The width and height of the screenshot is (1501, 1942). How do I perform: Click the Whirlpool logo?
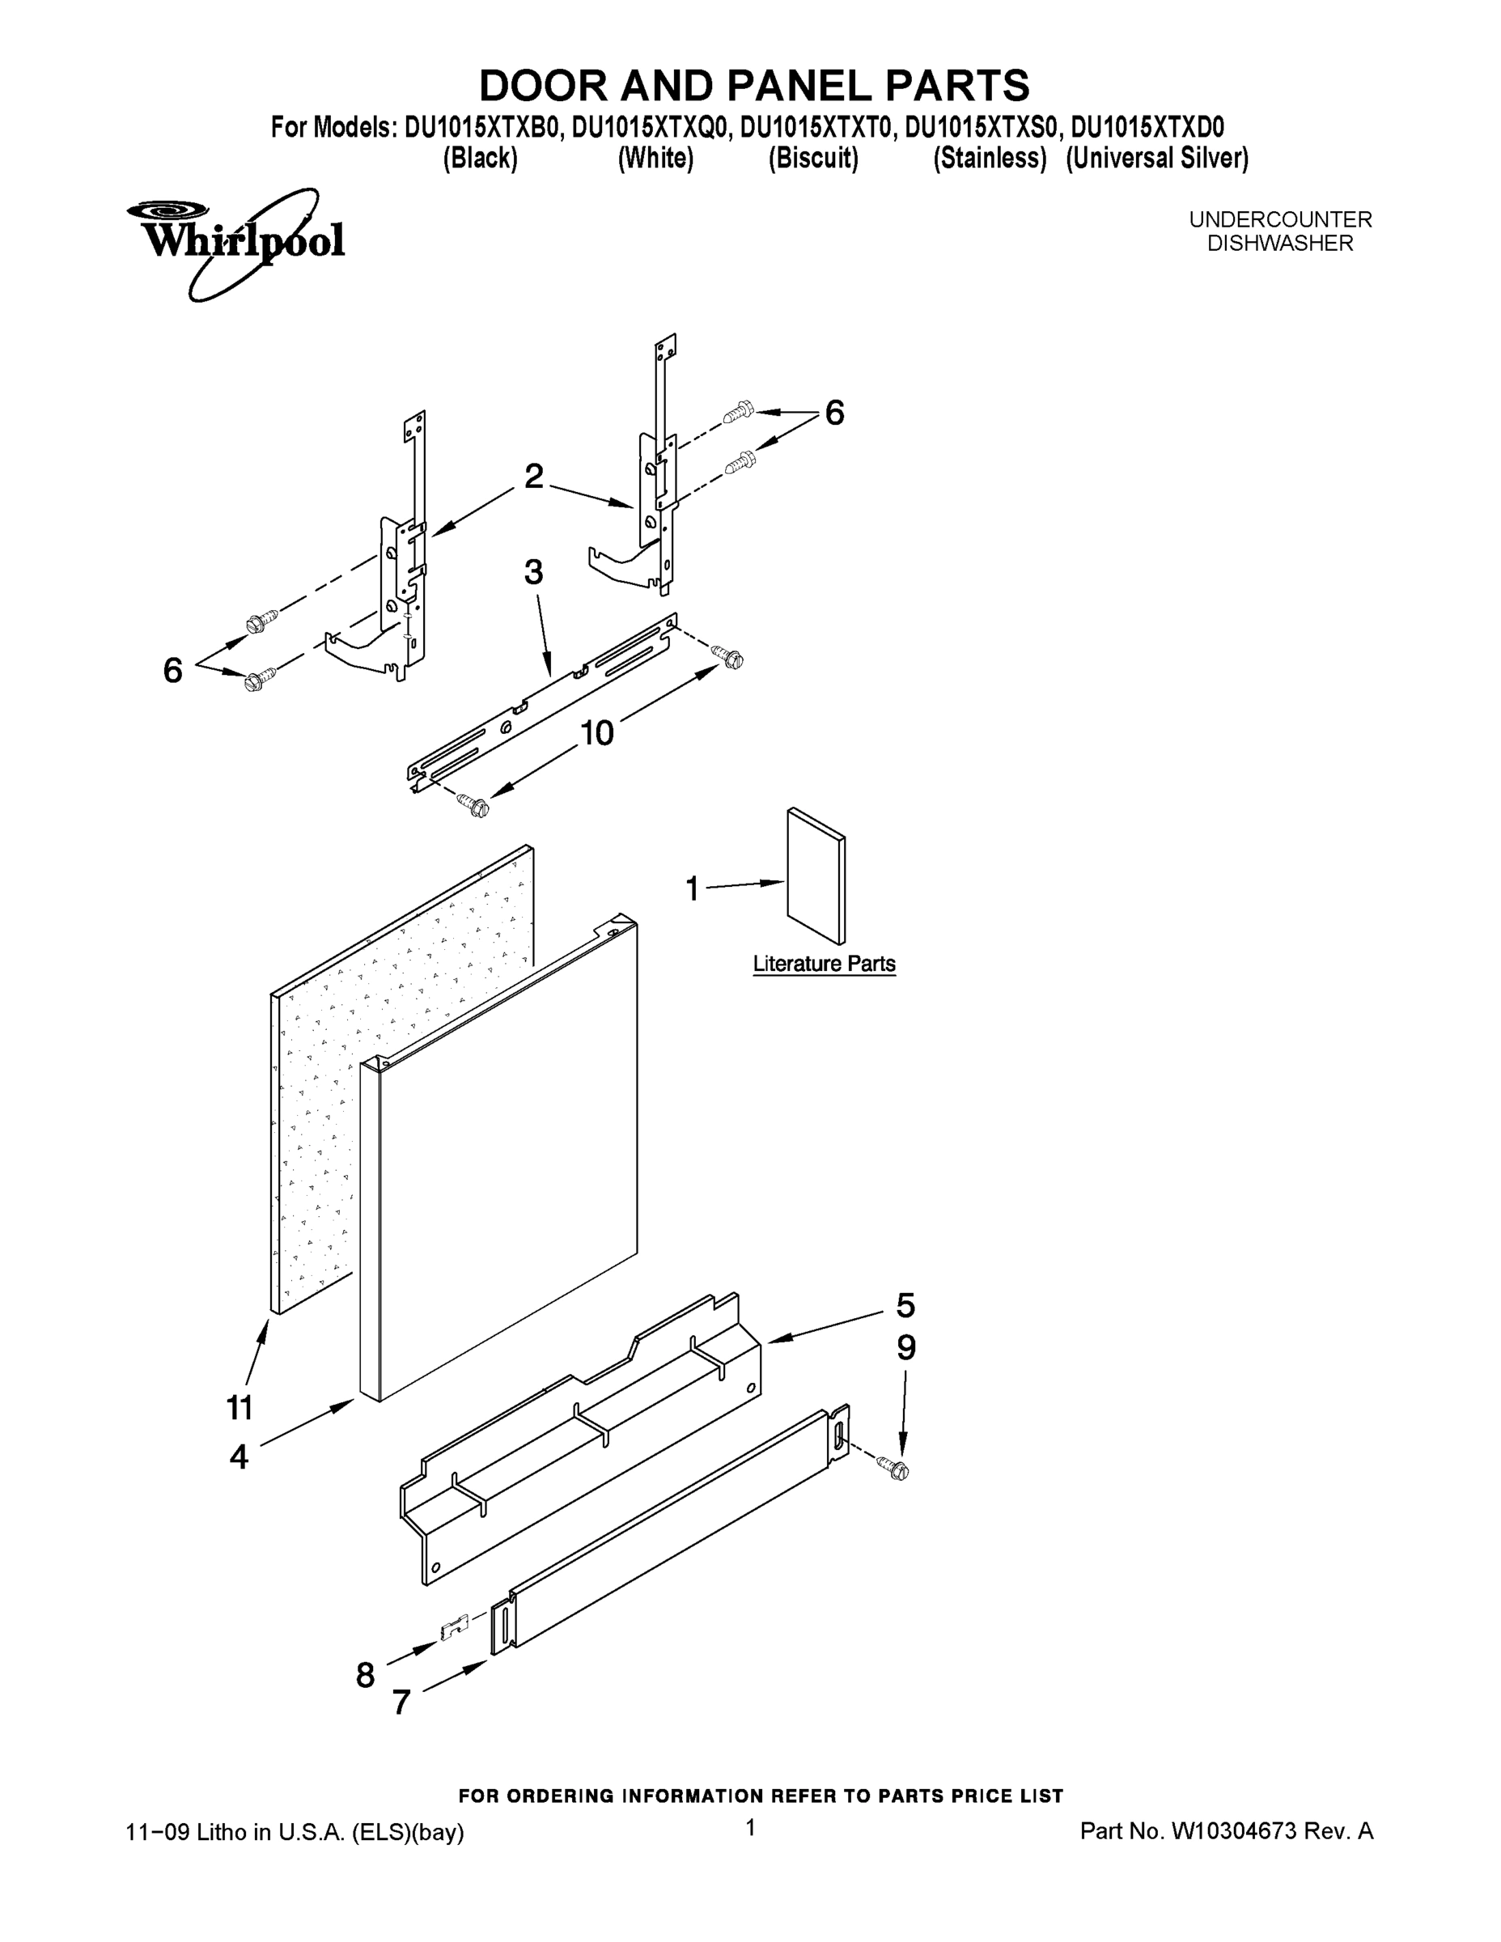pos(235,242)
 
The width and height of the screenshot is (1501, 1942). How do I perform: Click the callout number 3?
pos(532,573)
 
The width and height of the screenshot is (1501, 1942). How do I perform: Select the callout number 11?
pos(240,1408)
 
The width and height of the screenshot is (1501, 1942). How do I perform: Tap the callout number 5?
pos(905,1305)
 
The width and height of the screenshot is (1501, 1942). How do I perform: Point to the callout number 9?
pos(905,1348)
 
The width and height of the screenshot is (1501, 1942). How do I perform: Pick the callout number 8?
pos(366,1675)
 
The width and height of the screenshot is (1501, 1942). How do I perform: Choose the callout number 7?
pos(401,1702)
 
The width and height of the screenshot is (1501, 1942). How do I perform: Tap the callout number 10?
pos(596,734)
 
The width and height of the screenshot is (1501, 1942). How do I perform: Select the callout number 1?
pos(693,888)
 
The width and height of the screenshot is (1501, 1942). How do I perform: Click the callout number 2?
pos(533,477)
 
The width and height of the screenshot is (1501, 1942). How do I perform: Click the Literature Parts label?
pos(824,964)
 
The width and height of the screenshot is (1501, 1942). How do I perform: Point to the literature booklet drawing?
pos(816,876)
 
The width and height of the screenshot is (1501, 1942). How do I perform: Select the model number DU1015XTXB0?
pos(483,128)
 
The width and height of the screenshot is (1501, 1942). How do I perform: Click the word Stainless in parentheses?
pos(990,159)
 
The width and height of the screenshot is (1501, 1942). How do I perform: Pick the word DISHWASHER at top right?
pos(1279,244)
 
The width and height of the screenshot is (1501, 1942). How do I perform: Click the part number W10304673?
pos(1233,1831)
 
